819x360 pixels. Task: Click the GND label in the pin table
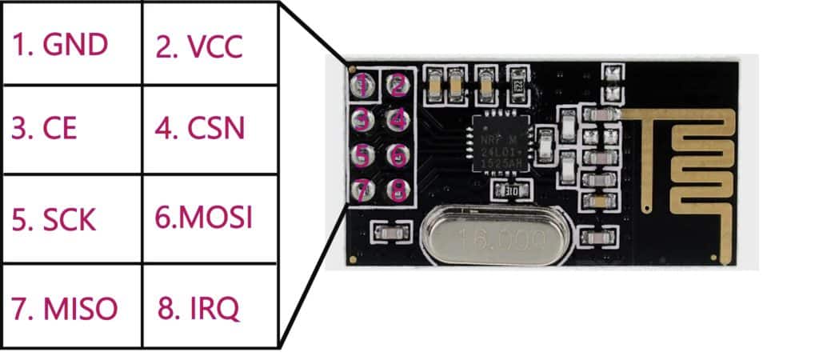[x=59, y=45]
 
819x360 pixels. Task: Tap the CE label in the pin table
[x=45, y=128]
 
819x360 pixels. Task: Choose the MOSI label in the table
[x=203, y=218]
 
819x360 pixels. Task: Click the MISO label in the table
[x=65, y=307]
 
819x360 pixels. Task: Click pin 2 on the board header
[x=398, y=83]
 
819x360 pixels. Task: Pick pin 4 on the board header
[x=398, y=120]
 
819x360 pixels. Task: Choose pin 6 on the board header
[x=398, y=154]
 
